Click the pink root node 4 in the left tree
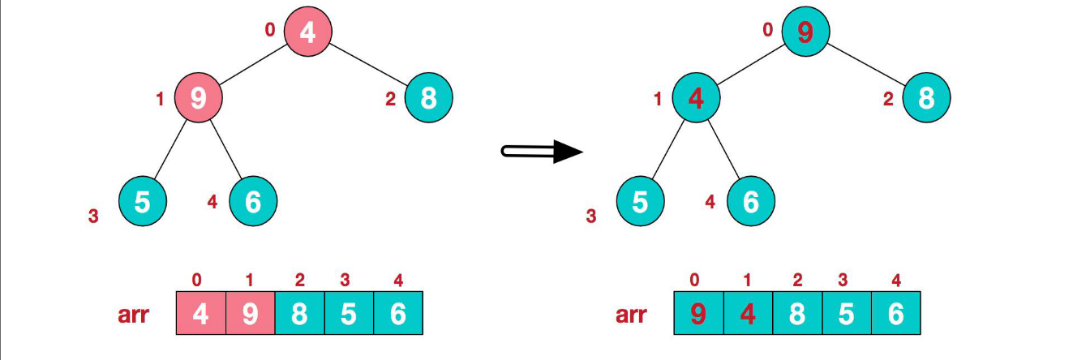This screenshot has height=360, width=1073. click(x=307, y=32)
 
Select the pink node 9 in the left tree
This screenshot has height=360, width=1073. click(x=198, y=98)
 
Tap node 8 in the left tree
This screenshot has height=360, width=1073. click(x=428, y=98)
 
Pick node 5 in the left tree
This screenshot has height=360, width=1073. click(x=143, y=200)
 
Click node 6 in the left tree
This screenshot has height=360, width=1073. click(x=253, y=200)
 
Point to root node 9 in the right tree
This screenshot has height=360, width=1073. click(x=805, y=32)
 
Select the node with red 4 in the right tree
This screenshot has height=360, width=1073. click(x=695, y=98)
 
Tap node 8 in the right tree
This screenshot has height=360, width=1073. click(x=926, y=98)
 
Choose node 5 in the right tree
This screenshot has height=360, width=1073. click(x=640, y=200)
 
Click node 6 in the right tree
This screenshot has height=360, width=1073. click(x=750, y=200)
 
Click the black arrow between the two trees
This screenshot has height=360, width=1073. click(x=543, y=152)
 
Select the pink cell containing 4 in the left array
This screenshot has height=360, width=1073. click(x=200, y=313)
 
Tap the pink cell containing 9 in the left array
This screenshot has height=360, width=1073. click(x=250, y=313)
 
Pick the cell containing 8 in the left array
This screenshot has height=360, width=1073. click(x=299, y=313)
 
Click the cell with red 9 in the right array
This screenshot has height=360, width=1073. click(x=698, y=313)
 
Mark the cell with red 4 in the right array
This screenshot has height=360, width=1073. click(x=748, y=313)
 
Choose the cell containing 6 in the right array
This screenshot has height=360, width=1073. click(x=895, y=313)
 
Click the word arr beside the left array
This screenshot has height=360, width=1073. click(x=133, y=314)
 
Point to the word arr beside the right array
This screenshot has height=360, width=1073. click(x=631, y=314)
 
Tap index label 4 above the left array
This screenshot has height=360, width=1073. click(x=397, y=281)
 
